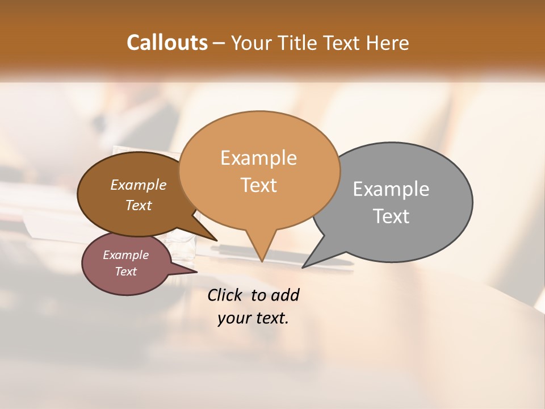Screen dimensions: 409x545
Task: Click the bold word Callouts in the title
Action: pyautogui.click(x=167, y=43)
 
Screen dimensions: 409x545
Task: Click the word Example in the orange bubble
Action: pyautogui.click(x=258, y=158)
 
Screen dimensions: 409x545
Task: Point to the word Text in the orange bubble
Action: pyautogui.click(x=258, y=185)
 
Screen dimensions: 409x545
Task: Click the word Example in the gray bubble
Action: pyautogui.click(x=391, y=189)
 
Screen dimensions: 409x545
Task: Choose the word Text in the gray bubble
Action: pyautogui.click(x=391, y=216)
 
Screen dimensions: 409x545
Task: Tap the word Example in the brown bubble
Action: pyautogui.click(x=139, y=185)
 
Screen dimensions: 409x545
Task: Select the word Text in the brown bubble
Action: pyautogui.click(x=139, y=206)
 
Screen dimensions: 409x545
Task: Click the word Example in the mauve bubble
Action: pyautogui.click(x=126, y=256)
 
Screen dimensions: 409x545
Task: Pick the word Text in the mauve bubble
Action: pyautogui.click(x=126, y=272)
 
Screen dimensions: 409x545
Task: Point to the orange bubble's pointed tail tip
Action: pyautogui.click(x=262, y=261)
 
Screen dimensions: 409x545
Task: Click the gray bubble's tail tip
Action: pyautogui.click(x=303, y=267)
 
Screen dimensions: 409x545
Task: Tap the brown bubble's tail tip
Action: pyautogui.click(x=216, y=240)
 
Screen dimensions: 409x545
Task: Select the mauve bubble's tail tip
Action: pyautogui.click(x=197, y=272)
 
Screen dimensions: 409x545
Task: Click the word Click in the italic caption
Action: pyautogui.click(x=225, y=295)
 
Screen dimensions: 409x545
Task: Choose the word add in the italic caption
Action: pyautogui.click(x=286, y=295)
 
